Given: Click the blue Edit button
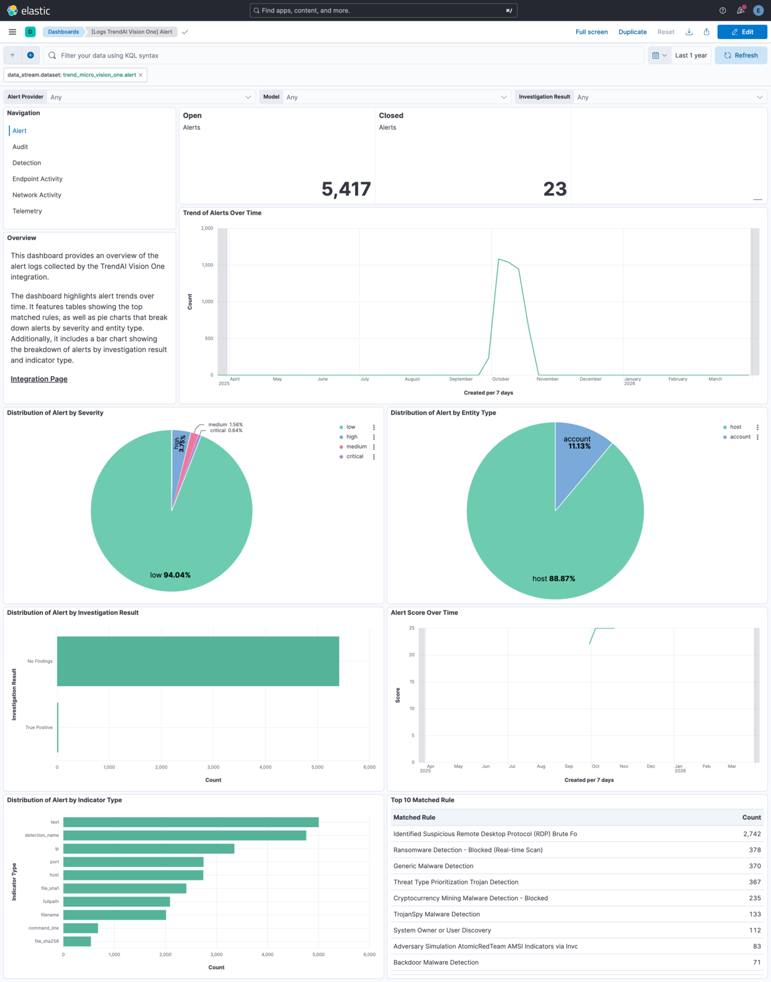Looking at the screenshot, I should (x=742, y=32).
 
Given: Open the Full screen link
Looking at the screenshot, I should (x=591, y=32).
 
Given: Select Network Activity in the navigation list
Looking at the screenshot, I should (x=37, y=195).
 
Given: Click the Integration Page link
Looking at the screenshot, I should (x=39, y=379).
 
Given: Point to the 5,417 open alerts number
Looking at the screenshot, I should (x=346, y=189).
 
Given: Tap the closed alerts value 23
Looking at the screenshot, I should (x=555, y=189).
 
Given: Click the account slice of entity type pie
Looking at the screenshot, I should (x=578, y=451).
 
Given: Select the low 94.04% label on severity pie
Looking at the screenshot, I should (x=170, y=575).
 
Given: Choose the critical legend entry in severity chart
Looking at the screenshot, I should (x=355, y=457).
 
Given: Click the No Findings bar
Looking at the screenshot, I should (x=198, y=661).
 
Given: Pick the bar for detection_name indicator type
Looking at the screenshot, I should (x=184, y=836).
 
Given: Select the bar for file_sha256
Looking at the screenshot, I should (x=77, y=941).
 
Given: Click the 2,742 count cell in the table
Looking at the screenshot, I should (x=751, y=834).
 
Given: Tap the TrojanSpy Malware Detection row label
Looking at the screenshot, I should (x=437, y=914).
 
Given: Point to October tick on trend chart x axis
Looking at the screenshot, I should (x=501, y=379).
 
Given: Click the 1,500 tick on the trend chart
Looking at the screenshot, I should (x=207, y=265).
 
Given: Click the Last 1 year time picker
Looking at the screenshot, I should (x=691, y=56).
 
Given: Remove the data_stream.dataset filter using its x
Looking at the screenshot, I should (x=141, y=75).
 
